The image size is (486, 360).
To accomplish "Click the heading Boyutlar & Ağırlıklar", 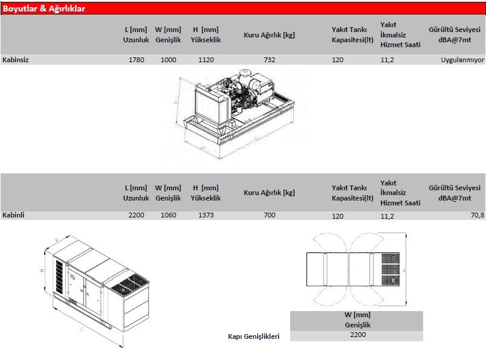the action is pyautogui.click(x=44, y=8).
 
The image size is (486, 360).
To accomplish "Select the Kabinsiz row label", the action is pyautogui.click(x=16, y=60).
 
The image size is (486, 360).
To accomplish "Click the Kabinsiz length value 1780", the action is pyautogui.click(x=137, y=60).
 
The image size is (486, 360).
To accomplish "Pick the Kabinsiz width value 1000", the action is pyautogui.click(x=168, y=60).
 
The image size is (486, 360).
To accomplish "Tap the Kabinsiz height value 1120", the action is pyautogui.click(x=206, y=60).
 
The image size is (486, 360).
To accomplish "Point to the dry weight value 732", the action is pyautogui.click(x=270, y=60).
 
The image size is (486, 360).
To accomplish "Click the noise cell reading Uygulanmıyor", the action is pyautogui.click(x=462, y=60).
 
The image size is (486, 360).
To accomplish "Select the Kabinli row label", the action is pyautogui.click(x=13, y=215).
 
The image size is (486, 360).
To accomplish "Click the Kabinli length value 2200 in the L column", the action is pyautogui.click(x=137, y=215).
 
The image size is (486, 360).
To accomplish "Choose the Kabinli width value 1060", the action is pyautogui.click(x=168, y=215).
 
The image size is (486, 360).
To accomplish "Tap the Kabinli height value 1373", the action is pyautogui.click(x=206, y=215).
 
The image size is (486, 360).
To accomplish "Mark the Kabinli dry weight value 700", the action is pyautogui.click(x=270, y=215).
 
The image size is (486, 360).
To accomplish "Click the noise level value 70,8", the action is pyautogui.click(x=478, y=215).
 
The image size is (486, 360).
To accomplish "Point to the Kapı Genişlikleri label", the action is pyautogui.click(x=253, y=336).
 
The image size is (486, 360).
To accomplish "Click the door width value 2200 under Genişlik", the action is pyautogui.click(x=358, y=335).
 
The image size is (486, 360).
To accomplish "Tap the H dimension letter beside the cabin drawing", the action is pyautogui.click(x=42, y=271).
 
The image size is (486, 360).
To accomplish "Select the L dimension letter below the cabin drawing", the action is pyautogui.click(x=82, y=329).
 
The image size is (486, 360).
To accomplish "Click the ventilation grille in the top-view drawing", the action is pyautogui.click(x=390, y=269).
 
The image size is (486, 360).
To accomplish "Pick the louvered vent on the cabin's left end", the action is pyautogui.click(x=59, y=277).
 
